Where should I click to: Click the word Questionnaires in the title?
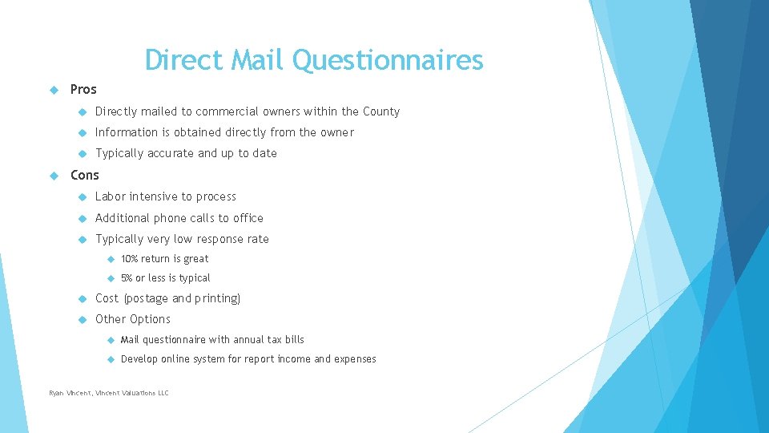pyautogui.click(x=388, y=60)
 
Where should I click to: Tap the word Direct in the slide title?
pyautogui.click(x=184, y=59)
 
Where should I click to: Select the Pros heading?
pyautogui.click(x=83, y=89)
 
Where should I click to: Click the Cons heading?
pyautogui.click(x=85, y=176)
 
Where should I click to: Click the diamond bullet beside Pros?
pyautogui.click(x=54, y=90)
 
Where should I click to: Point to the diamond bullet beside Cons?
pyautogui.click(x=54, y=176)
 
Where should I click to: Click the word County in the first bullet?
pyautogui.click(x=381, y=112)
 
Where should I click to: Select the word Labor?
pyautogui.click(x=111, y=196)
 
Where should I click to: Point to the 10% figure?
pyautogui.click(x=130, y=259)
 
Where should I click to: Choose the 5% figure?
pyautogui.click(x=127, y=278)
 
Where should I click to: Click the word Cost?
pyautogui.click(x=107, y=298)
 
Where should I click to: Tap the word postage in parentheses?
pyautogui.click(x=147, y=299)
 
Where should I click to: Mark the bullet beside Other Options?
pyautogui.click(x=83, y=320)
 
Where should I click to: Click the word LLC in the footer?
pyautogui.click(x=163, y=393)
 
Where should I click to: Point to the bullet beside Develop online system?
pyautogui.click(x=111, y=359)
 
